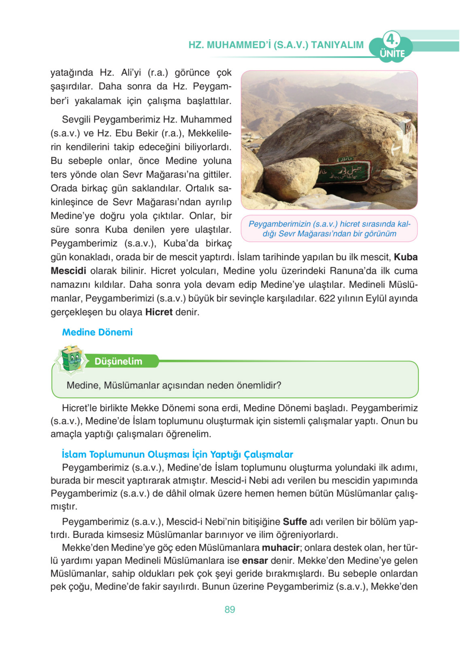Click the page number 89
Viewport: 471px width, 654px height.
point(230,609)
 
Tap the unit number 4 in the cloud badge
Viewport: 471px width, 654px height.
point(391,39)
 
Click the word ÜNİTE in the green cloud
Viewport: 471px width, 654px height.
point(392,53)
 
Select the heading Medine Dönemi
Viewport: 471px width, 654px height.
point(97,332)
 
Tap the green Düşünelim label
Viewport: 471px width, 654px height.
point(118,361)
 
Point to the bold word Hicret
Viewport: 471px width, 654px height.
point(159,312)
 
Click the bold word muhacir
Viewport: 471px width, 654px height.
point(280,547)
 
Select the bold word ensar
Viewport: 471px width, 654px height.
point(255,561)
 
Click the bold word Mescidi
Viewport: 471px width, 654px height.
point(68,271)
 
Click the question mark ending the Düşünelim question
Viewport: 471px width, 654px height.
point(279,385)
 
